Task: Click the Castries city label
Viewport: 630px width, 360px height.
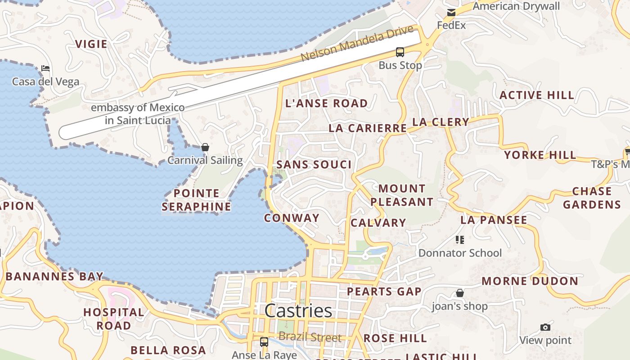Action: [x=298, y=310]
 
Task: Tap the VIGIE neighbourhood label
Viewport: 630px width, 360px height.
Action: [x=91, y=44]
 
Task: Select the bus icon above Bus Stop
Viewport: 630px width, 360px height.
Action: [x=400, y=52]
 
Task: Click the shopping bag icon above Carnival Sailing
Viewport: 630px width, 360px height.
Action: [x=205, y=147]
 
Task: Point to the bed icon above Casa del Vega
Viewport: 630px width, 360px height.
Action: [x=45, y=68]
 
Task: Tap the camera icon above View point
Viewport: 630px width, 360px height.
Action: [x=545, y=327]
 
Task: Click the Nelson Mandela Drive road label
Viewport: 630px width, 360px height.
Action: [x=357, y=44]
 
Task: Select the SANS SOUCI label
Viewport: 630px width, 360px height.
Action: [x=314, y=164]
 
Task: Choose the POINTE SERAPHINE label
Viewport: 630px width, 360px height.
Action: [x=196, y=200]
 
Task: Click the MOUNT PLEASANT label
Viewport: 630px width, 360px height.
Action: [x=402, y=195]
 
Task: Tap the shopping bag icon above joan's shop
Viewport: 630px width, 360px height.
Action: [x=460, y=293]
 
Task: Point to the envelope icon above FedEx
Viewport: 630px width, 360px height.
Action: [x=451, y=13]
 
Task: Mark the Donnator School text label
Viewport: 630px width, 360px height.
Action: [x=460, y=253]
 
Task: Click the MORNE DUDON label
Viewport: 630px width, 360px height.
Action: [x=530, y=281]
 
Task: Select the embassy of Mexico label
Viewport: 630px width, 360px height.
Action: [x=138, y=114]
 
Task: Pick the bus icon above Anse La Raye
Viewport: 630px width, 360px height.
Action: [x=264, y=342]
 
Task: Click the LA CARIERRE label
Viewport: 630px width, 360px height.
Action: [x=368, y=128]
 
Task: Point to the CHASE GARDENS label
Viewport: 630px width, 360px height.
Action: [x=592, y=198]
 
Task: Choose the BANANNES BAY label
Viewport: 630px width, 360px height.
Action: [x=54, y=276]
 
